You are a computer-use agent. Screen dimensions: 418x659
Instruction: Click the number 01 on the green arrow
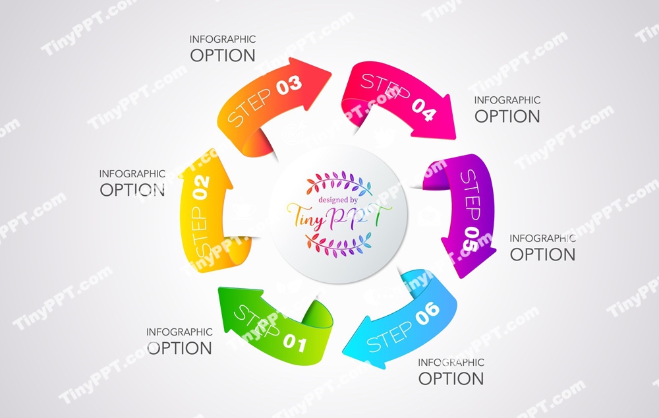click(x=295, y=343)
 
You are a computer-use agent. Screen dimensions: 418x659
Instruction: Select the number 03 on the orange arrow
click(x=289, y=85)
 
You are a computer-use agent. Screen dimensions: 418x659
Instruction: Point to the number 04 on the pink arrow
click(x=424, y=110)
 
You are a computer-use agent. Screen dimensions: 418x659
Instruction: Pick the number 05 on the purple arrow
click(x=470, y=237)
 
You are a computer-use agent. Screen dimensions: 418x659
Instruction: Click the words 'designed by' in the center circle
click(x=338, y=199)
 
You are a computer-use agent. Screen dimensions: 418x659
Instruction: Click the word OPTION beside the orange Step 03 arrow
click(x=223, y=55)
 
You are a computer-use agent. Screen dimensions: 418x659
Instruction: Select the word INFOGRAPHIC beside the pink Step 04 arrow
click(x=507, y=100)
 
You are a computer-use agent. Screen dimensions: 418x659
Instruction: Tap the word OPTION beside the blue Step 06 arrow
click(x=451, y=378)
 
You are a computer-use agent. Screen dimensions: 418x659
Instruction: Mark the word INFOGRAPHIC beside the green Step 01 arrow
click(x=179, y=332)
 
